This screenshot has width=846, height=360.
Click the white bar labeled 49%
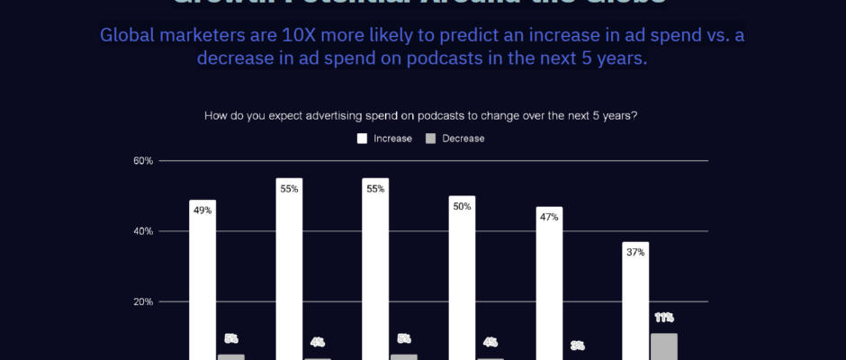pos(202,288)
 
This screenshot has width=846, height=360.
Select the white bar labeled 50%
pos(462,288)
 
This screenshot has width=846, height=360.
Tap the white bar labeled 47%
pos(549,292)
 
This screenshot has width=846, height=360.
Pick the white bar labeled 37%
pos(635,306)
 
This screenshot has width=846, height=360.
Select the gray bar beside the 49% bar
pos(230,356)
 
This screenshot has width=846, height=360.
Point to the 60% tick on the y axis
pos(143,161)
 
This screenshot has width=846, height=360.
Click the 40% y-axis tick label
pos(143,231)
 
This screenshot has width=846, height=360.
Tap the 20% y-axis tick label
pos(143,301)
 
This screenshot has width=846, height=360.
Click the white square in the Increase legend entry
pos(362,139)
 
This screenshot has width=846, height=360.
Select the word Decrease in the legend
pos(463,139)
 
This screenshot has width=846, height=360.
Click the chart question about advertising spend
pos(421,115)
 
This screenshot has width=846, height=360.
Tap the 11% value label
pos(664,318)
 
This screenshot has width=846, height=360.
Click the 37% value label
pos(635,252)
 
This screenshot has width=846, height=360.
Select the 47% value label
pos(549,217)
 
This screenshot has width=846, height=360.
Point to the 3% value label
pos(577,346)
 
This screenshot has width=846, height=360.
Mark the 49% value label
pos(202,211)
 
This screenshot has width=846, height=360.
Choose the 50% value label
pos(462,206)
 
